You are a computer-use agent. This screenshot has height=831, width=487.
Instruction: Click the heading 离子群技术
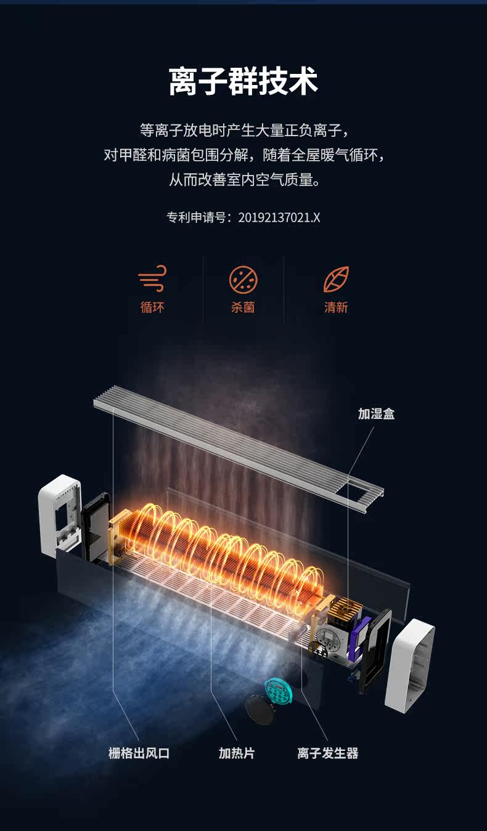pyautogui.click(x=243, y=82)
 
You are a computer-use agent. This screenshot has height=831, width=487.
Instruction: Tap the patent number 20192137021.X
pyautogui.click(x=279, y=217)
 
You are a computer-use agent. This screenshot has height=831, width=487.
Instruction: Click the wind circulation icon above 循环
pyautogui.click(x=152, y=279)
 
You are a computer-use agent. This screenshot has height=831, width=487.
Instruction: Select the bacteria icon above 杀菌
pyautogui.click(x=243, y=279)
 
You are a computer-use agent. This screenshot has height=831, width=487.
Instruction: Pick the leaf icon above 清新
pyautogui.click(x=336, y=279)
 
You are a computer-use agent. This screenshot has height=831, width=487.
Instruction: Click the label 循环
pyautogui.click(x=152, y=307)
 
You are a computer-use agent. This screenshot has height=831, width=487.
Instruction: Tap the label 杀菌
pyautogui.click(x=243, y=307)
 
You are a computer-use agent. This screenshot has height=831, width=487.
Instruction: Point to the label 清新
pyautogui.click(x=336, y=307)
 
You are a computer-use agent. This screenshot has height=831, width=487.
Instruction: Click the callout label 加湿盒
pyautogui.click(x=376, y=414)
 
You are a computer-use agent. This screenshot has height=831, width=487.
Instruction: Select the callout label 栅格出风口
pyautogui.click(x=139, y=753)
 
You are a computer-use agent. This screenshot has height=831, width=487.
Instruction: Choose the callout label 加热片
pyautogui.click(x=236, y=753)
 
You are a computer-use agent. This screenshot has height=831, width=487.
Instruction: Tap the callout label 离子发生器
pyautogui.click(x=327, y=753)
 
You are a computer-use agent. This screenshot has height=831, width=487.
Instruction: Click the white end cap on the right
pyautogui.click(x=409, y=663)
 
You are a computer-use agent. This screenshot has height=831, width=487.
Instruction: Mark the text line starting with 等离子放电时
pyautogui.click(x=244, y=131)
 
